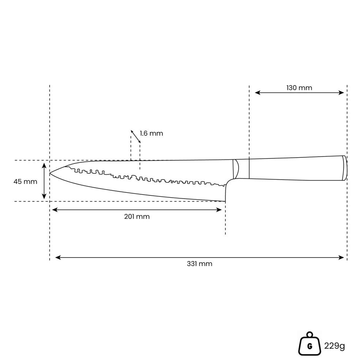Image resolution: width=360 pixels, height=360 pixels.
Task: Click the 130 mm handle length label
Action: tap(299, 88)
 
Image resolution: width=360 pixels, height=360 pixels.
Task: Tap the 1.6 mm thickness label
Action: tap(151, 134)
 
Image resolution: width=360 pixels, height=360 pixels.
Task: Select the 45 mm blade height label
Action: tap(25, 181)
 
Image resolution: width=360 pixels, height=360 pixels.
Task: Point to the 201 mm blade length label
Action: tap(137, 217)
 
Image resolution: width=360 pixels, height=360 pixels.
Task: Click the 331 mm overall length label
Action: tap(199, 263)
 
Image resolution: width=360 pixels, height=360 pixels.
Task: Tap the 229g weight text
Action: tap(334, 346)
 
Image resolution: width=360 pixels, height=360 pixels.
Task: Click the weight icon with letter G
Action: tap(310, 344)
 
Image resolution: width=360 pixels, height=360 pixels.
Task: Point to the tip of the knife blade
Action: tap(50, 173)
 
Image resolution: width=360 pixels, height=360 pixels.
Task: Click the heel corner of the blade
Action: tap(225, 201)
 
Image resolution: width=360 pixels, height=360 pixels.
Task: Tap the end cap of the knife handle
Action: tap(345, 168)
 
